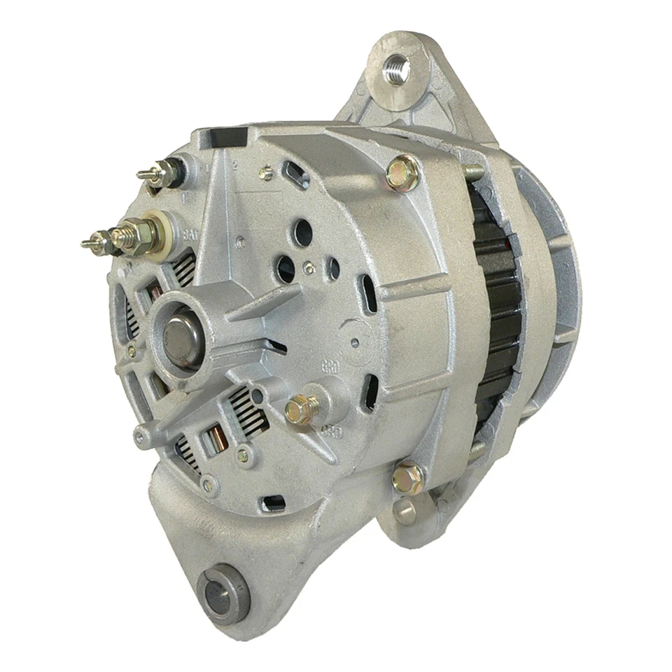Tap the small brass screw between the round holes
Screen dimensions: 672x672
click(309, 267)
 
